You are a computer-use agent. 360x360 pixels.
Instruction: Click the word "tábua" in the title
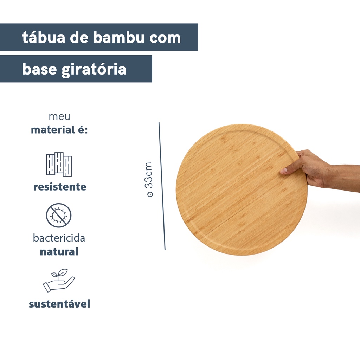(44, 37)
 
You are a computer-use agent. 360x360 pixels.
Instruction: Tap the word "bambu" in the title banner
(119, 37)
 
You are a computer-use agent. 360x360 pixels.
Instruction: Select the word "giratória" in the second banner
(94, 69)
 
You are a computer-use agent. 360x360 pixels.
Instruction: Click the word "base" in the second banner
(39, 69)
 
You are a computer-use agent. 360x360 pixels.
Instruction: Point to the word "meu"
(59, 116)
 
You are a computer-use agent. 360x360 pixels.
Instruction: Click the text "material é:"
(59, 130)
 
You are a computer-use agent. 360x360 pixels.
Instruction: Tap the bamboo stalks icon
(59, 165)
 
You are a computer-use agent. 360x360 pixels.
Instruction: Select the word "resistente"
(60, 187)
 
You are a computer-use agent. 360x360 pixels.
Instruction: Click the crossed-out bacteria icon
(59, 216)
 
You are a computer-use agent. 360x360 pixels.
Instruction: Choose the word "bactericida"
(59, 238)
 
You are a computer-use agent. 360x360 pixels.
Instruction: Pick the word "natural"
(59, 252)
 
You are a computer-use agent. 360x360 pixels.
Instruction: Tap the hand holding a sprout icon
(59, 280)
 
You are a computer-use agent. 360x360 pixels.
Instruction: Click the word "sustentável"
(59, 304)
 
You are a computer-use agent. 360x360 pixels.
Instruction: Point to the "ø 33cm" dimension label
(149, 179)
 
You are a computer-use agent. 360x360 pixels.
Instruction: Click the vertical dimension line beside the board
(162, 186)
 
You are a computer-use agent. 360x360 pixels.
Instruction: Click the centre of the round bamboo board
(242, 189)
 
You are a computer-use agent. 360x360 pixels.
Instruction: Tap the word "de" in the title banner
(79, 37)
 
